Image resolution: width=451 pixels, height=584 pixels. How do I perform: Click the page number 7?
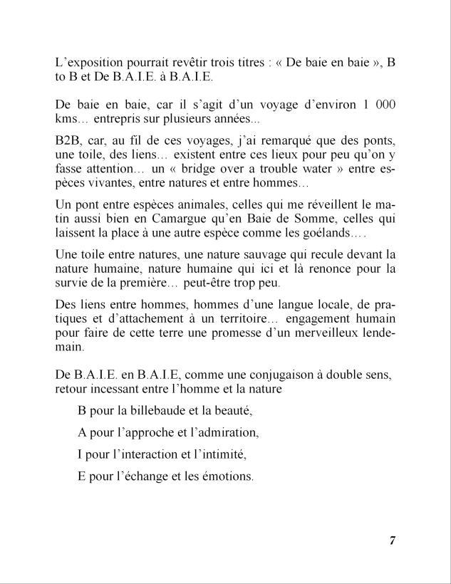coord(392,541)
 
